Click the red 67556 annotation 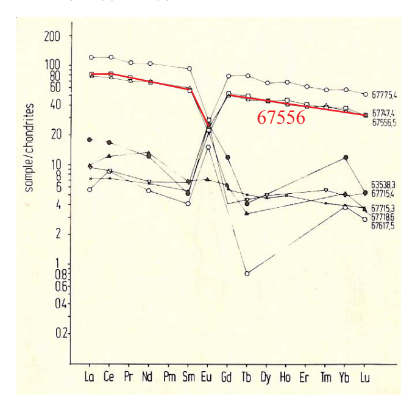point(280,118)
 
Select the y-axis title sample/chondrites point(29,147)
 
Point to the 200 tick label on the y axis point(52,36)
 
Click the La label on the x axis point(90,378)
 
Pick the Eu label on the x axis point(206,378)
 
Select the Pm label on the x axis point(168,378)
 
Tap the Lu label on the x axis point(364,378)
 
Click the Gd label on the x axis point(227,378)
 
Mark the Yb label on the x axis point(345,378)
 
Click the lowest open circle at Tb point(246,274)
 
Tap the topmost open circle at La point(91,57)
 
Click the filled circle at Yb point(346,157)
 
